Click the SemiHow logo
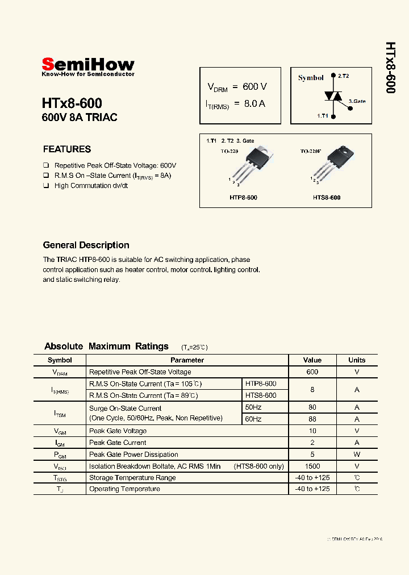pyautogui.click(x=88, y=65)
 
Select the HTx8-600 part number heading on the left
pyautogui.click(x=72, y=103)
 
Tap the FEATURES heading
pyautogui.click(x=67, y=149)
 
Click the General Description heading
pyautogui.click(x=86, y=245)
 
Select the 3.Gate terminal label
pyautogui.click(x=357, y=101)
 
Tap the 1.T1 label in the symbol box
pyautogui.click(x=323, y=116)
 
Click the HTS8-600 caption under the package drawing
pyautogui.click(x=327, y=197)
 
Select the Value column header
pyautogui.click(x=312, y=360)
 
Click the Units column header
pyautogui.click(x=357, y=360)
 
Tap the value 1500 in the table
pyautogui.click(x=312, y=466)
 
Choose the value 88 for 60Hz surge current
pyautogui.click(x=312, y=419)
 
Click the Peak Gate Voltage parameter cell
pyautogui.click(x=118, y=431)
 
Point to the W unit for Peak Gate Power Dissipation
pyautogui.click(x=357, y=455)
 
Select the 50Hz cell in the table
pyautogui.click(x=253, y=408)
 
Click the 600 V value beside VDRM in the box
pyautogui.click(x=254, y=86)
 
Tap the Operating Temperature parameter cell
pyautogui.click(x=124, y=489)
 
